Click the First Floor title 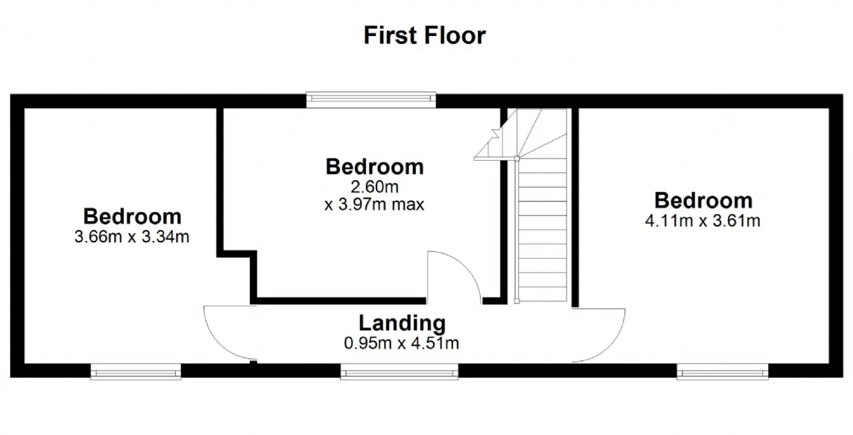coord(425,35)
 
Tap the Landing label coord(402,323)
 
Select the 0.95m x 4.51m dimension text coord(401,343)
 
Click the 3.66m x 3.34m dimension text coord(132,237)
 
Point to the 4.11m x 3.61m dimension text coord(702,221)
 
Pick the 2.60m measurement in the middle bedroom coord(375,187)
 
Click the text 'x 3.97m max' coord(375,205)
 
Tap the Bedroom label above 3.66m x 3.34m coord(132,217)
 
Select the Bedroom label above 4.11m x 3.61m coord(703,201)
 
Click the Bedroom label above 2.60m coord(375,167)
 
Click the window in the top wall coord(371,99)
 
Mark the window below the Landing coord(399,372)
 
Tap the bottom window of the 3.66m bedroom coord(135,372)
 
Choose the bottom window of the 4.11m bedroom coord(722,372)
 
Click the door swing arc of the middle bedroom coord(466,266)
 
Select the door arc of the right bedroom coord(613,344)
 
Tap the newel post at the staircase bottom coord(516,301)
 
